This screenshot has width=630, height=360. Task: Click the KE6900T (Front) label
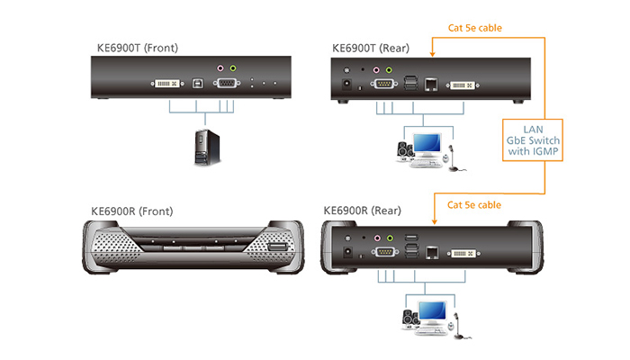(x=138, y=49)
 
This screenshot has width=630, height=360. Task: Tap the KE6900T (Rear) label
(x=371, y=49)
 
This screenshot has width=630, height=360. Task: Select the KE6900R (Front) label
(x=132, y=211)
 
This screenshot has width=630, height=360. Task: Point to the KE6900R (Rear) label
(x=363, y=211)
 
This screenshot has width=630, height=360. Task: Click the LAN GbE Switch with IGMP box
(x=533, y=140)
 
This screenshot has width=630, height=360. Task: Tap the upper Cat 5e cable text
(x=475, y=28)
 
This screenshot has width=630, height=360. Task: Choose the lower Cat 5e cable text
(x=474, y=205)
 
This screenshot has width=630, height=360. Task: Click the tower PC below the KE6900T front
(x=207, y=148)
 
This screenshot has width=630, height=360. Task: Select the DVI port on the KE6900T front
(x=167, y=84)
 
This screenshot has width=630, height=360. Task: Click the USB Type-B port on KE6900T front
(x=197, y=83)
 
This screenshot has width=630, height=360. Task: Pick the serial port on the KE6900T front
(x=227, y=83)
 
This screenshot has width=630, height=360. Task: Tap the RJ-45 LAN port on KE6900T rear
(x=431, y=85)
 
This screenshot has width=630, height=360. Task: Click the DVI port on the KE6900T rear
(x=462, y=85)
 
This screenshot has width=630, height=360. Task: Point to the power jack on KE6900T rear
(x=346, y=85)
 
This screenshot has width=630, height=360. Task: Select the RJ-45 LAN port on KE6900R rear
(x=432, y=253)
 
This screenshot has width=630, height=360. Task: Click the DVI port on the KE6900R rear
(x=463, y=253)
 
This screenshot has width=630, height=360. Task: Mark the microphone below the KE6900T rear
(x=454, y=158)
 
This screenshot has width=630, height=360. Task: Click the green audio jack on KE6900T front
(x=233, y=68)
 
